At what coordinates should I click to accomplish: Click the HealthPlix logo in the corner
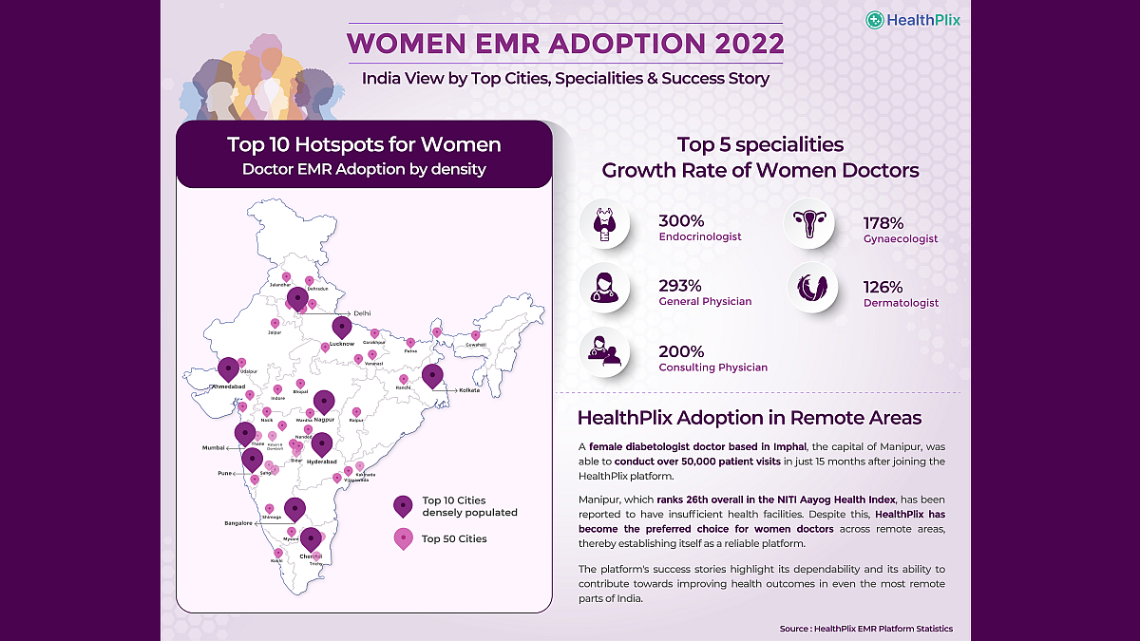coord(912,19)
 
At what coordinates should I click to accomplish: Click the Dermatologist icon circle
coord(811,287)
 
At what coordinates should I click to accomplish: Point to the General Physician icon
coord(605,287)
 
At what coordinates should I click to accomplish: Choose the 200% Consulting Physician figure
coord(681,351)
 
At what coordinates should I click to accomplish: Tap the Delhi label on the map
coord(361,312)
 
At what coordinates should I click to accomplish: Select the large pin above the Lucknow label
coord(342,328)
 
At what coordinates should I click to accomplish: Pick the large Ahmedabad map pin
coord(228,368)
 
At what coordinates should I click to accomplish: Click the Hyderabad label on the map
coord(323,462)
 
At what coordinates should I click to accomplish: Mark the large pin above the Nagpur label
coord(324,402)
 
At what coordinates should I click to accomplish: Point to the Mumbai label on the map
coord(213,446)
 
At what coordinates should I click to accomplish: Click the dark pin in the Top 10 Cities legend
coord(403,504)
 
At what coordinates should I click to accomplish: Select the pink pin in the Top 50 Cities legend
coord(403,537)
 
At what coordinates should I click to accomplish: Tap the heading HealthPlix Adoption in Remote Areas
coord(749,418)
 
